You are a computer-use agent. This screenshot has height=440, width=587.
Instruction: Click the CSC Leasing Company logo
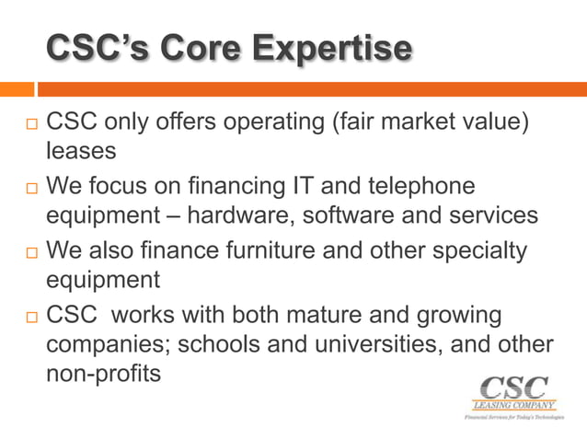pyautogui.click(x=513, y=396)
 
